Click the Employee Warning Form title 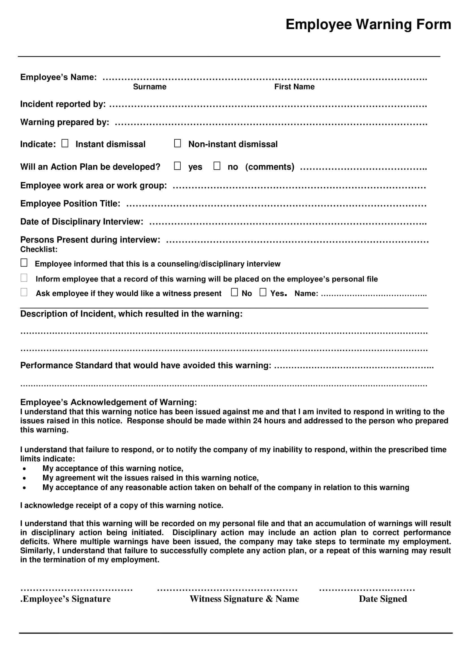(x=368, y=24)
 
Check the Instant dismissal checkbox (x=65, y=143)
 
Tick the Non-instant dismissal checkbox (x=177, y=143)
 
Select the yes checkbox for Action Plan (x=177, y=166)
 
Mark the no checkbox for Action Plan (x=217, y=166)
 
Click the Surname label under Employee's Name (x=150, y=87)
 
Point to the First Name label (x=294, y=87)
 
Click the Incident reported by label (x=63, y=104)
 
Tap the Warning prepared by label (x=64, y=122)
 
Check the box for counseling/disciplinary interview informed (x=24, y=263)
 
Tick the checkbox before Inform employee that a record (x=24, y=278)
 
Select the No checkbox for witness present (x=234, y=292)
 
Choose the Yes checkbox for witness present (x=263, y=292)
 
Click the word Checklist (x=38, y=249)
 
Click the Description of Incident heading (x=131, y=314)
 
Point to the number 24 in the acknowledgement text (x=257, y=421)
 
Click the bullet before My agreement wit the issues (x=25, y=478)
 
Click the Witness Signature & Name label (x=244, y=599)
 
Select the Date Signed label (x=383, y=599)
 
